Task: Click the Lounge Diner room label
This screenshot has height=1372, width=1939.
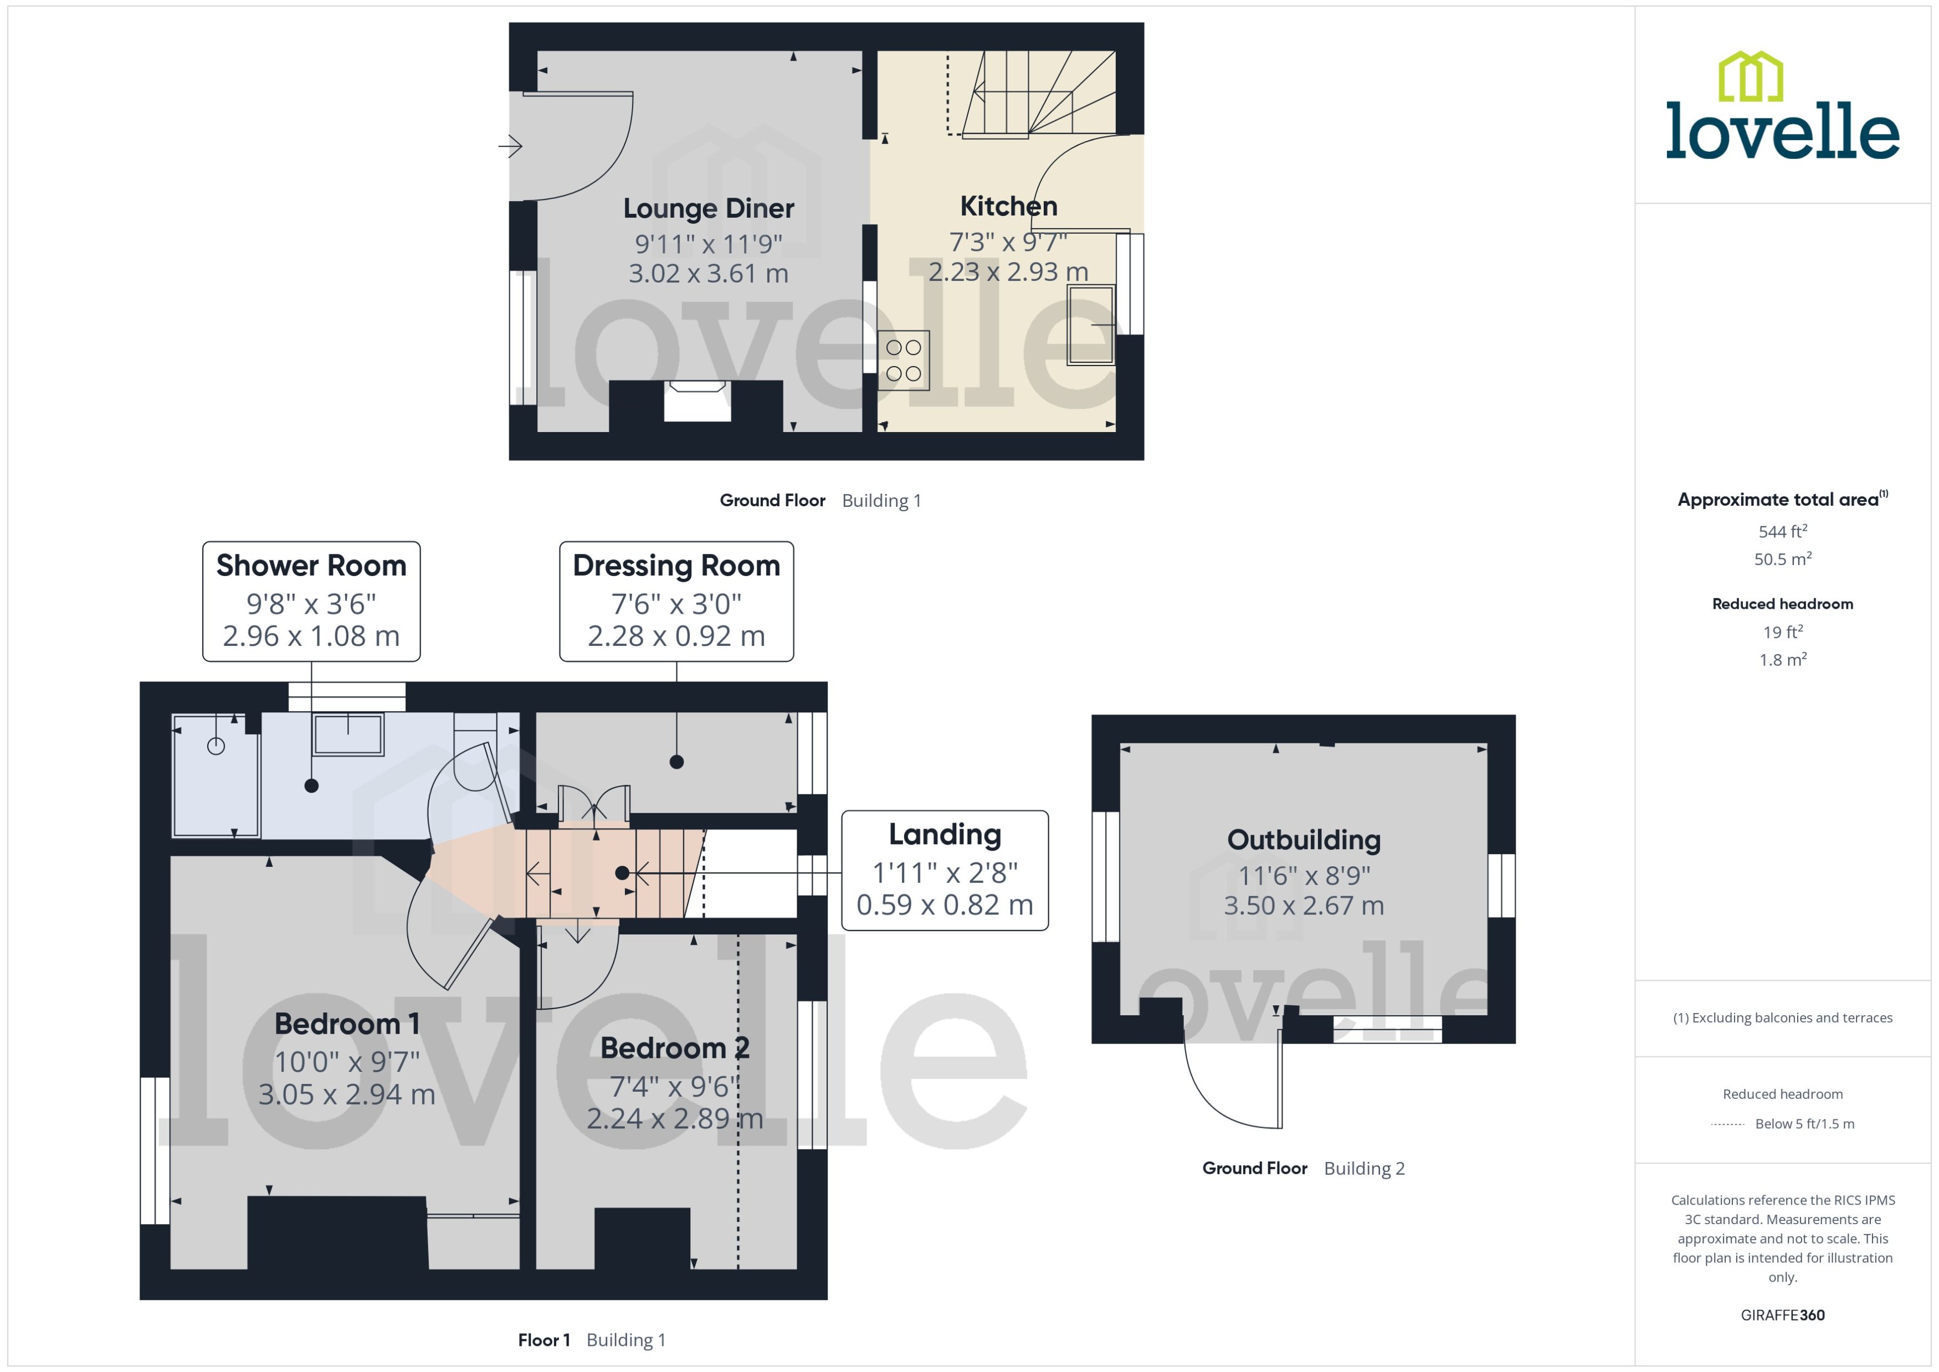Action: [x=708, y=208]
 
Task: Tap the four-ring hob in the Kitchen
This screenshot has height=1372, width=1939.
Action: [x=903, y=361]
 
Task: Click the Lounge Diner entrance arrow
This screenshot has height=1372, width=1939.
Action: [x=510, y=146]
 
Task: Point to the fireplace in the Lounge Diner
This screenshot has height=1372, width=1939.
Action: [x=697, y=401]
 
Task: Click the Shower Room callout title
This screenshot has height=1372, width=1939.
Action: [x=311, y=565]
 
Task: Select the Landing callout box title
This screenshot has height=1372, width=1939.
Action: [x=945, y=834]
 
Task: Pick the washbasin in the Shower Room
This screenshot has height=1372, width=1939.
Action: [x=348, y=734]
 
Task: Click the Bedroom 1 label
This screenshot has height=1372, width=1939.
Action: [x=346, y=1023]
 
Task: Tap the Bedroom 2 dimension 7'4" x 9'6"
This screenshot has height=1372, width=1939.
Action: [x=674, y=1086]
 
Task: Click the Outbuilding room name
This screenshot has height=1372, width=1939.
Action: [x=1304, y=840]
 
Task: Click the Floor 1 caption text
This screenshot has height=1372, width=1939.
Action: [x=543, y=1340]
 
